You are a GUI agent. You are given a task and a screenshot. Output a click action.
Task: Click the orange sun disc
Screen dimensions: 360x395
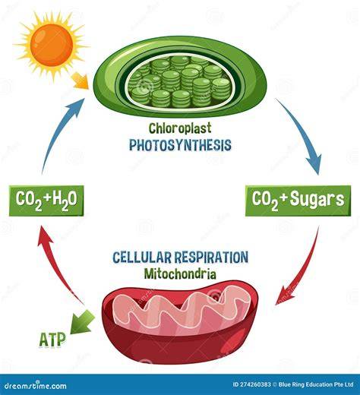point(52,45)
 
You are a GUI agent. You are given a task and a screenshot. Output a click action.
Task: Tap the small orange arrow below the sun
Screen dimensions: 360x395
point(81,81)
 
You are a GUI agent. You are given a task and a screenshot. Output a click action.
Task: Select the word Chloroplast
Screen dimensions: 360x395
point(180,128)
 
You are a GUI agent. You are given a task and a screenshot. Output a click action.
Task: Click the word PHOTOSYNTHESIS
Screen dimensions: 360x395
point(180,145)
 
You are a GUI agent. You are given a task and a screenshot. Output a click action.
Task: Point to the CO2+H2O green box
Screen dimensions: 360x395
point(46,201)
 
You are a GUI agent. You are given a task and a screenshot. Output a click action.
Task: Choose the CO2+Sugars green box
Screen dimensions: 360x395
point(298,201)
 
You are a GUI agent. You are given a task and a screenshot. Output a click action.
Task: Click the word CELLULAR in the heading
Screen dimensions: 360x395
point(142,258)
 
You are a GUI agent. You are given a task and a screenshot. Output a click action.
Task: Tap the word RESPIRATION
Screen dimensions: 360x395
point(212,257)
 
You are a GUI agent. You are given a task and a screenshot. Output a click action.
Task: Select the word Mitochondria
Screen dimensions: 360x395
point(180,274)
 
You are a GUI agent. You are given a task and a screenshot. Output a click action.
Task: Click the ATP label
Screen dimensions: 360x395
point(52,340)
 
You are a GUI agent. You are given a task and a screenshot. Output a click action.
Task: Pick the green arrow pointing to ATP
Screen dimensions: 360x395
point(82,322)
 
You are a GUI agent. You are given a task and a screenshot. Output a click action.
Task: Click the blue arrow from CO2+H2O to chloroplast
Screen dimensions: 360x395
point(58,131)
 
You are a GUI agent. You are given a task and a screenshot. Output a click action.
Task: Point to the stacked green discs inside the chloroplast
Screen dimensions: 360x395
point(179,81)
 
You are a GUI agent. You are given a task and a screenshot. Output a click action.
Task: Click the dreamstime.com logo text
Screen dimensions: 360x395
point(36,386)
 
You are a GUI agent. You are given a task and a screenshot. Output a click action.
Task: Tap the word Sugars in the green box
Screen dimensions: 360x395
point(317,199)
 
